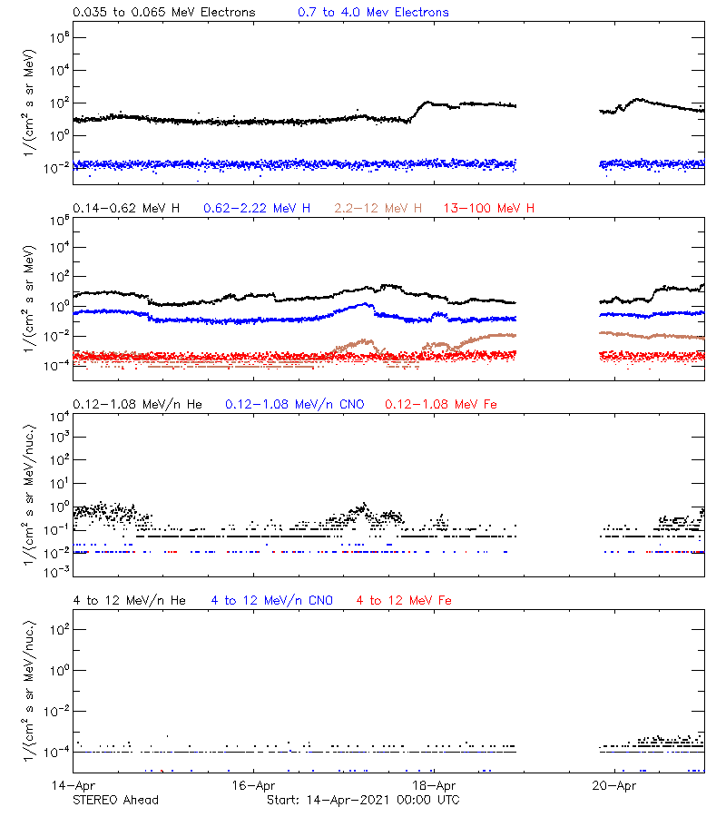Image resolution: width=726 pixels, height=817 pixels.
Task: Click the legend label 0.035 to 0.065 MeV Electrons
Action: point(164,13)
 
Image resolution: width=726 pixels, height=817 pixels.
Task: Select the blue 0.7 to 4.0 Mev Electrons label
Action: point(373,13)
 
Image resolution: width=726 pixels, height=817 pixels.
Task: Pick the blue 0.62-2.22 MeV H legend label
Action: point(257,209)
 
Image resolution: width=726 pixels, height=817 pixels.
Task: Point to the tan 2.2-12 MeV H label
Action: point(378,209)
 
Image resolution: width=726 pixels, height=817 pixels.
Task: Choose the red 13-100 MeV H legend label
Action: point(489,209)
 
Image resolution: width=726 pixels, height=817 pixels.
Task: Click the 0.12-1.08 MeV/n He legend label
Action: point(139,404)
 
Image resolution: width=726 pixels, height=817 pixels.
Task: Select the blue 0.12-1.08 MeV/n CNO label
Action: point(295,404)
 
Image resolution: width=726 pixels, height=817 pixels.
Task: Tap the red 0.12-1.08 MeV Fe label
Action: point(441,404)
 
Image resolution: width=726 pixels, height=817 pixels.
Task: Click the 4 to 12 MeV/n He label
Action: point(129,601)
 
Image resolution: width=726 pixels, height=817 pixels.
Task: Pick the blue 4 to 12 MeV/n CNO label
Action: point(272,601)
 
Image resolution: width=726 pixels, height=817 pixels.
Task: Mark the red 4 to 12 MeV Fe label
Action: point(405,601)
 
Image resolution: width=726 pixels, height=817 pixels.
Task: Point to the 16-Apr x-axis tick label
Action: point(253,785)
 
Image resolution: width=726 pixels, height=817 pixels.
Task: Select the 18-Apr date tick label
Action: point(434,785)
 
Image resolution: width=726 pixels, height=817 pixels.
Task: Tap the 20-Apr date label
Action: point(613,785)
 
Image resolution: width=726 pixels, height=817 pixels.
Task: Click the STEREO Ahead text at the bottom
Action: point(116,800)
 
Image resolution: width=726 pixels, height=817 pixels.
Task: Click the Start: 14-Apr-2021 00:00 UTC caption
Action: point(363,800)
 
